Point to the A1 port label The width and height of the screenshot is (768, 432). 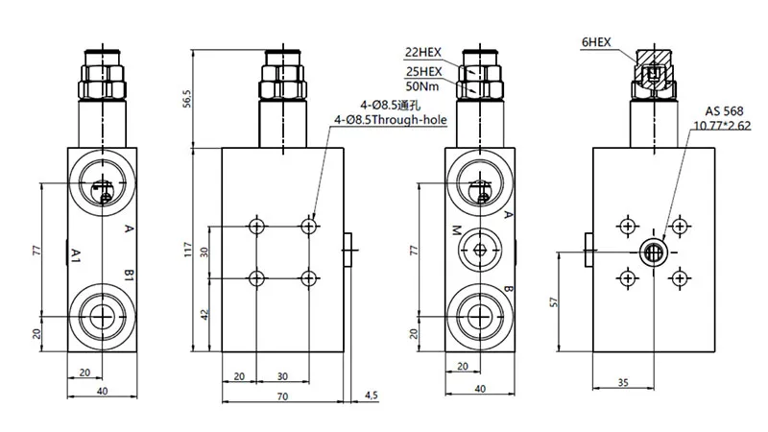(x=75, y=253)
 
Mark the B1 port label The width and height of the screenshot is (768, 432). (x=128, y=276)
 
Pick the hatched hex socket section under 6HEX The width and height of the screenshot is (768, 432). (x=652, y=71)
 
